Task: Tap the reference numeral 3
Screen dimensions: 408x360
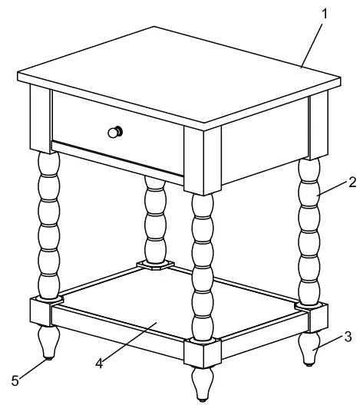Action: pyautogui.click(x=348, y=335)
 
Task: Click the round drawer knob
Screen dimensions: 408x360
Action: pyautogui.click(x=114, y=132)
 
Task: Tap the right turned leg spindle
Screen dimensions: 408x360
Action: pyautogui.click(x=310, y=230)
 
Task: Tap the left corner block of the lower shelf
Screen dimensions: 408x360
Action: pyautogui.click(x=41, y=311)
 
